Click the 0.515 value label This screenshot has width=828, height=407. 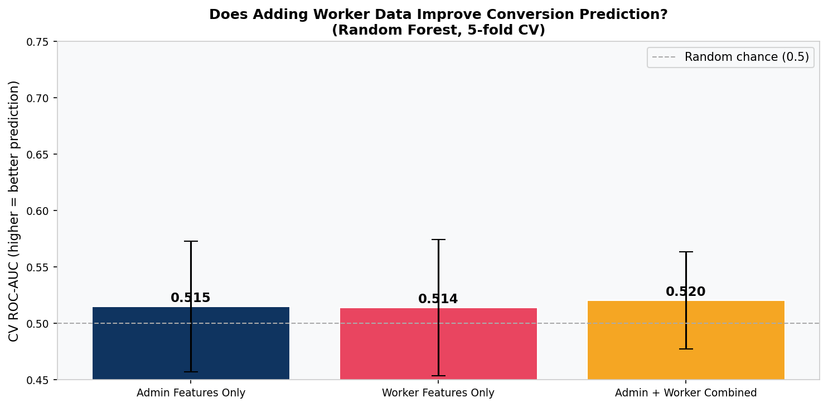[191, 298]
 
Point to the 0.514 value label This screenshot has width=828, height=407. [438, 299]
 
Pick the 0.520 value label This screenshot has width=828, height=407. [686, 292]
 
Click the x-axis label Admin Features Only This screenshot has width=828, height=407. [191, 393]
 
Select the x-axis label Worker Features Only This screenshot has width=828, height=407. [438, 393]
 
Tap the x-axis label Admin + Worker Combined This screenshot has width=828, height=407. [686, 393]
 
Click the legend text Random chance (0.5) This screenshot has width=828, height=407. [747, 57]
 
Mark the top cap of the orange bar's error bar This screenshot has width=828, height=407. [686, 252]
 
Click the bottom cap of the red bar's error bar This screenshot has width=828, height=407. [438, 376]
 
